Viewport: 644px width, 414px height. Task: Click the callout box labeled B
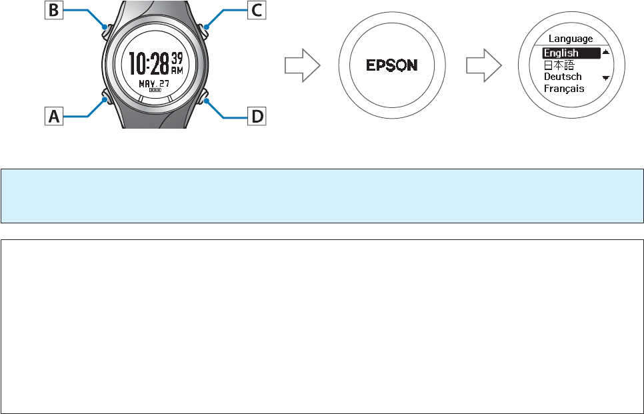coord(54,11)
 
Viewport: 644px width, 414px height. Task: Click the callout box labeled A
coord(54,117)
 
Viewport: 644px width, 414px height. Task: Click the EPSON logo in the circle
coord(392,65)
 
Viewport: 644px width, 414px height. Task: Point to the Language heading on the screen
coord(570,39)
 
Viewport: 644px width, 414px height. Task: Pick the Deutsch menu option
coord(563,77)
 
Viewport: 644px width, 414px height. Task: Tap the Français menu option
coord(564,89)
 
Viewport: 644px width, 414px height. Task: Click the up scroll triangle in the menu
coord(605,51)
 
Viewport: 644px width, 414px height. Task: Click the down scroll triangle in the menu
coord(605,78)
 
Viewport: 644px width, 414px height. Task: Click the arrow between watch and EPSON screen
coord(302,65)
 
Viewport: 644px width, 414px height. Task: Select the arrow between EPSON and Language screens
coord(483,65)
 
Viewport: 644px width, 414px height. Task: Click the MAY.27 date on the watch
coord(154,83)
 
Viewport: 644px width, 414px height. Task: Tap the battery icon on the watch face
coord(155,89)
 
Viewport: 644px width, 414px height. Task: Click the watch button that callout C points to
coord(205,28)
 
